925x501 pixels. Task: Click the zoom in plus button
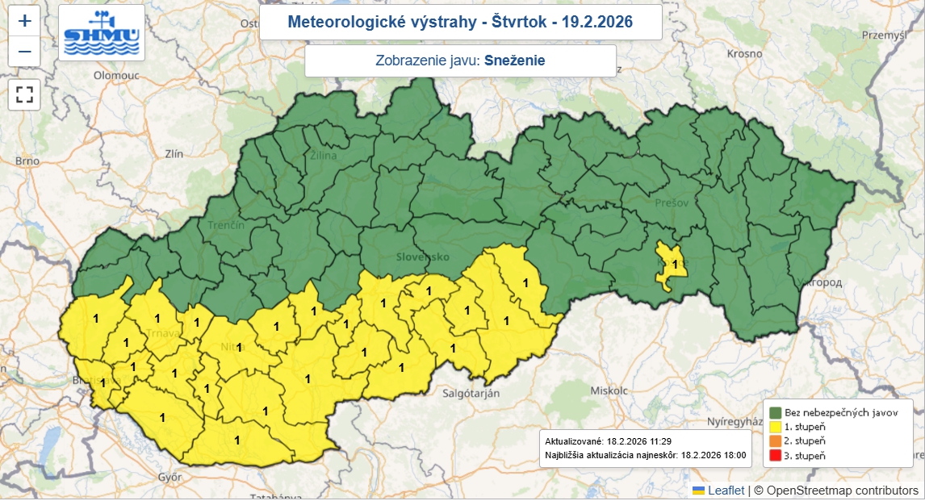tap(24, 21)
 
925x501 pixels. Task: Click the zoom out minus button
tap(24, 52)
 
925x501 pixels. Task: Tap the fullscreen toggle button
tap(24, 94)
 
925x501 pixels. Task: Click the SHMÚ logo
tap(102, 33)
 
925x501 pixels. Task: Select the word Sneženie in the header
tap(515, 61)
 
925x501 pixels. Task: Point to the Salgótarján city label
tap(472, 393)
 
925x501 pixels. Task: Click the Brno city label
tap(27, 161)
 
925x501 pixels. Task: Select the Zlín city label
tap(174, 153)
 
